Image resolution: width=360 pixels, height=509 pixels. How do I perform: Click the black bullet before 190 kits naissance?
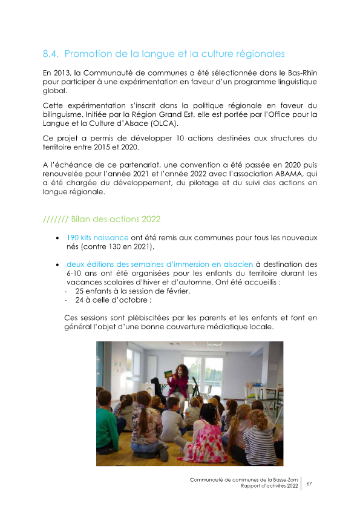coord(57,238)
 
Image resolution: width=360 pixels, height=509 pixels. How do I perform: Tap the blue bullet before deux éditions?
coord(57,264)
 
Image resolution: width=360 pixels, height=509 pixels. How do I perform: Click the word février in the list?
coord(175,291)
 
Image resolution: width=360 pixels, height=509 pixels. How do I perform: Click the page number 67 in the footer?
coord(309,484)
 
